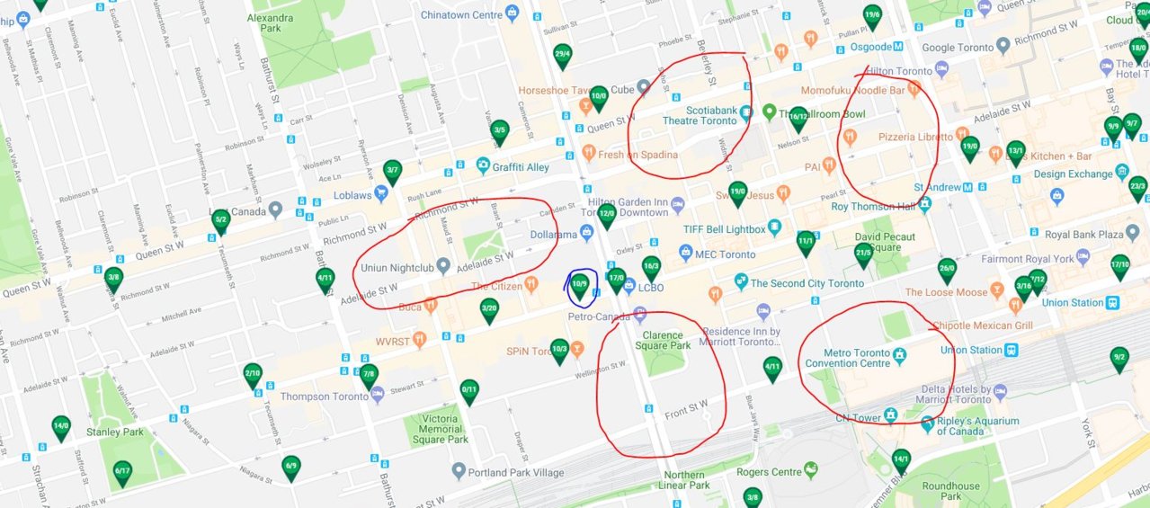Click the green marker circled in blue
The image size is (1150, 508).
580,286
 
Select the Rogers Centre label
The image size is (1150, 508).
768,472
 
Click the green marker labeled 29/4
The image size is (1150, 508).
563,55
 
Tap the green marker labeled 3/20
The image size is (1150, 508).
489,309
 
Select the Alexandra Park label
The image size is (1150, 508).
269,23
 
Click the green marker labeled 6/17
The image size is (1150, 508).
123,471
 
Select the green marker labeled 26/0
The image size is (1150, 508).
946,269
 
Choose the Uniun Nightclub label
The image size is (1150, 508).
397,268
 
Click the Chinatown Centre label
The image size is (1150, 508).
461,14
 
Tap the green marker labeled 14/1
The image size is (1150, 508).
901,460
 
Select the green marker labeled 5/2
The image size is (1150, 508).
220,220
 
